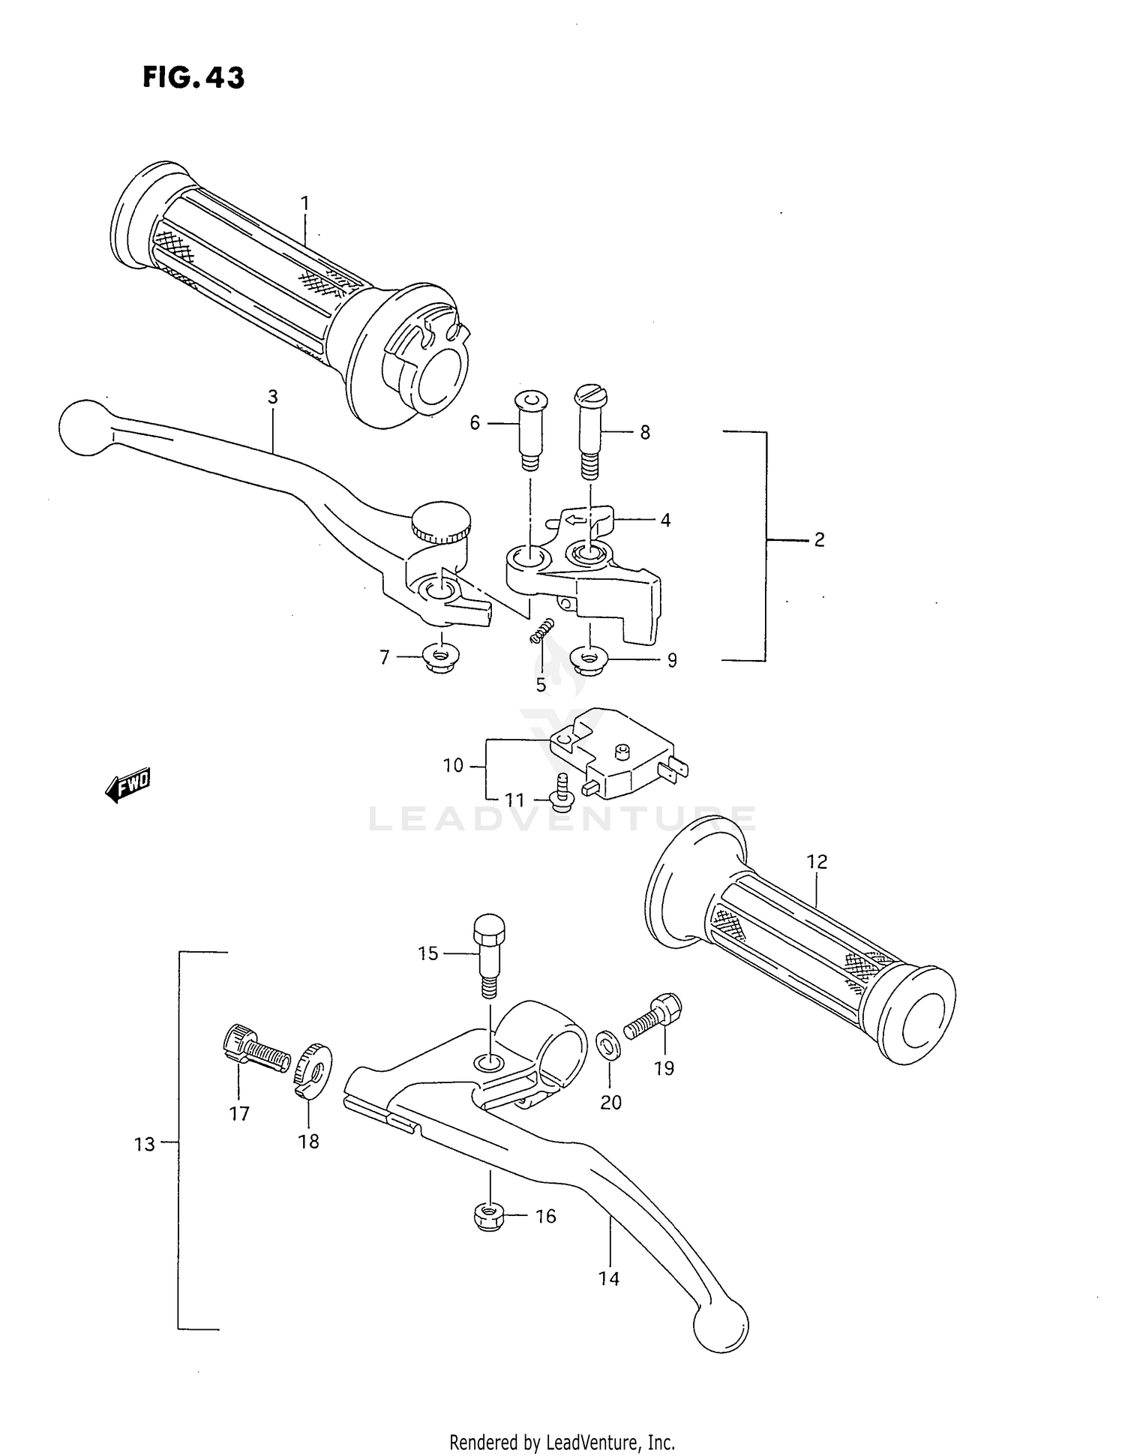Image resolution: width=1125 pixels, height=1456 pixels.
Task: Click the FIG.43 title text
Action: tap(193, 77)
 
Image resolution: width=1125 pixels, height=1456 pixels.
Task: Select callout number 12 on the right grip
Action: tap(817, 862)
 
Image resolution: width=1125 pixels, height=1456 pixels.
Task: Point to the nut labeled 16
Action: tap(490, 1216)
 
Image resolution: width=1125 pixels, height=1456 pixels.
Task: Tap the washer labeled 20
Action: tap(607, 1044)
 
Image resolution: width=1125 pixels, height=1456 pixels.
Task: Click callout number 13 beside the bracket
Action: tap(144, 1145)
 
